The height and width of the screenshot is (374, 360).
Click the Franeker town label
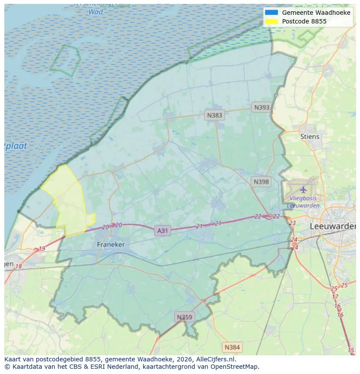[x=111, y=245]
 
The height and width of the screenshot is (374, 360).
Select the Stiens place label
[x=310, y=136]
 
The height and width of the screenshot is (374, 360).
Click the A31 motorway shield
[x=162, y=231]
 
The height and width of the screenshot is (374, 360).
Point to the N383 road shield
[x=214, y=115]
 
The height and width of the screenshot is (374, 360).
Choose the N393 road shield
[x=262, y=107]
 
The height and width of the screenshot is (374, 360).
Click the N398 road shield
[x=261, y=182]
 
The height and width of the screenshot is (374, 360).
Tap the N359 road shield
[x=184, y=317]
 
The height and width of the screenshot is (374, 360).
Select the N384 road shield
[x=232, y=347]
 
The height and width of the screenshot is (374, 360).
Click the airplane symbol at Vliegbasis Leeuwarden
[x=303, y=190]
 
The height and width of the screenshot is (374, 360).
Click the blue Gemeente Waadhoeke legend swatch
[x=271, y=13]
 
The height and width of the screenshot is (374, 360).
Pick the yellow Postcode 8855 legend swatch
[x=271, y=21]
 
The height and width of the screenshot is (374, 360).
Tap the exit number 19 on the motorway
[x=42, y=249]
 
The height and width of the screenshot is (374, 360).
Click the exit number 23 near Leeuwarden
[x=292, y=223]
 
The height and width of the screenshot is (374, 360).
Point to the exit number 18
[x=19, y=266]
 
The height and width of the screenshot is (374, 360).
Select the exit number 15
[x=351, y=350]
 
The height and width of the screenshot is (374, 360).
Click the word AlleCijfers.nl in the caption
[x=211, y=359]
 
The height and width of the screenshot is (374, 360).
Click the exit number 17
[x=335, y=297]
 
